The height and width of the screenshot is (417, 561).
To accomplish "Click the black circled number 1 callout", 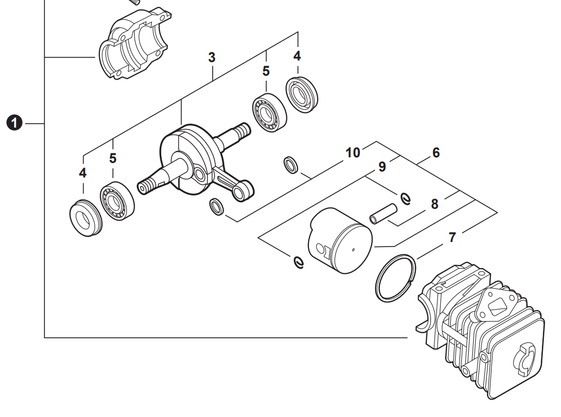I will (x=16, y=123).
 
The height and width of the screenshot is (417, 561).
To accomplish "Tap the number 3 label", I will (x=212, y=58).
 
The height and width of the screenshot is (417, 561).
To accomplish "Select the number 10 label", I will (x=353, y=152).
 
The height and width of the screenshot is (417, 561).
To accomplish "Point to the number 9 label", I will (x=382, y=166).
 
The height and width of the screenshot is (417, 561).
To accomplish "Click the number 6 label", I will (x=436, y=152).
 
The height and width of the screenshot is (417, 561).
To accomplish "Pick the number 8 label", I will (x=434, y=204).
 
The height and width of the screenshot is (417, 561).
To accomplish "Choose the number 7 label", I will (x=452, y=237).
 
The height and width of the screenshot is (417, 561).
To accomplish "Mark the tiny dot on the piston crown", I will (x=353, y=250).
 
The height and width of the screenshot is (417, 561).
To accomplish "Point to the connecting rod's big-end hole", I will (x=200, y=175).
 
